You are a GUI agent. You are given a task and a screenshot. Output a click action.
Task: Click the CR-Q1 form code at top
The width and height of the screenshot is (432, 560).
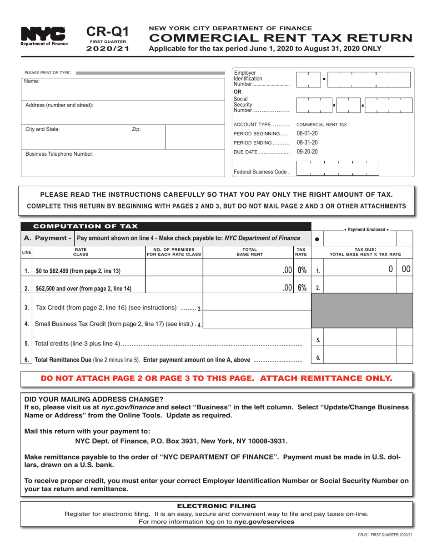coord(107,31)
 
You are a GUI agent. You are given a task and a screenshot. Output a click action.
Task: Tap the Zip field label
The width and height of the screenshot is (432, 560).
coord(136,129)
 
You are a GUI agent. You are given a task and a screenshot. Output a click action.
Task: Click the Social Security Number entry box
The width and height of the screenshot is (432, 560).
coord(348,105)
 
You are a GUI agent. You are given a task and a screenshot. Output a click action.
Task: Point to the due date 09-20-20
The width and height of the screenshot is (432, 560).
coord(307,152)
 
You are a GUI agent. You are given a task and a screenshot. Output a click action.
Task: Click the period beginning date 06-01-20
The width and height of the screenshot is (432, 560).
coord(307,133)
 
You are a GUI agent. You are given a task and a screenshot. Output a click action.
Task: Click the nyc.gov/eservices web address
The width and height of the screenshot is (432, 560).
coord(264,521)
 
